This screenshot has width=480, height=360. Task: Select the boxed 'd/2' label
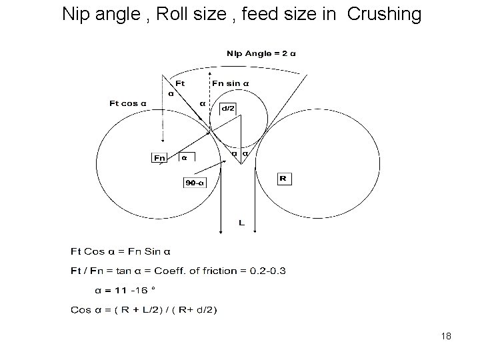click(229, 108)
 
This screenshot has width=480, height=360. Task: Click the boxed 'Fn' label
click(159, 158)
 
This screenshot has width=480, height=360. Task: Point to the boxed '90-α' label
click(195, 182)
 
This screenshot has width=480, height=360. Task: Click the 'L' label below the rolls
click(241, 223)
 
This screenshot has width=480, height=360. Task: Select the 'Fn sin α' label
click(231, 83)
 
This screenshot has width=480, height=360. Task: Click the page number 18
click(446, 336)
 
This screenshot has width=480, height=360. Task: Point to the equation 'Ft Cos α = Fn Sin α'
click(121, 251)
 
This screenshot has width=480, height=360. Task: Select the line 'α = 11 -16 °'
click(125, 289)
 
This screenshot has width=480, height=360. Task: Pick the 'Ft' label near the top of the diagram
click(180, 83)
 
